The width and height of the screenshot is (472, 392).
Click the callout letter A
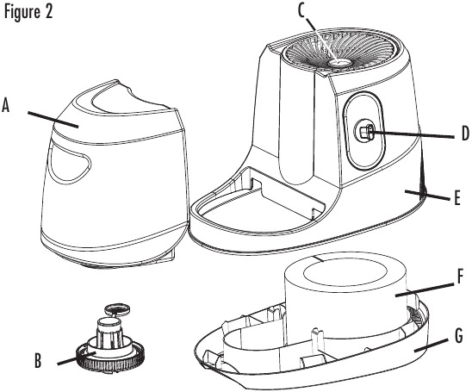pyautogui.click(x=8, y=106)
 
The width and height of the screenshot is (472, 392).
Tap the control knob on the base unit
pyautogui.click(x=364, y=132)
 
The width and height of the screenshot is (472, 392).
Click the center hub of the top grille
pyautogui.click(x=339, y=61)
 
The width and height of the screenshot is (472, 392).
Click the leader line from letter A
pyautogui.click(x=51, y=118)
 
